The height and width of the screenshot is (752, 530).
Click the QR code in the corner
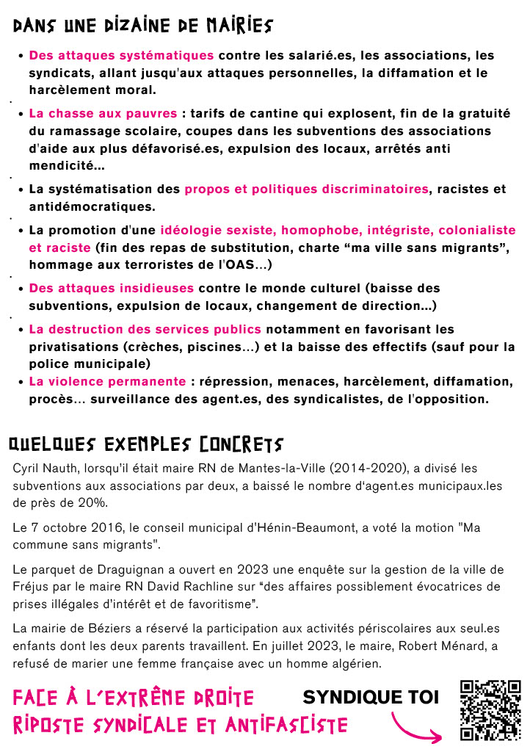tap(490, 709)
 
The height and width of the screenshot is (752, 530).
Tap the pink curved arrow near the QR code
tap(418, 726)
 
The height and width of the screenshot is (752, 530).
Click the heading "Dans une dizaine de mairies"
tap(143, 26)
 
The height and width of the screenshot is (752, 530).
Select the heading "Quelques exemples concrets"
tap(145, 444)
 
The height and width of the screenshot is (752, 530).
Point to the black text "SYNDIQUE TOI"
tap(371, 697)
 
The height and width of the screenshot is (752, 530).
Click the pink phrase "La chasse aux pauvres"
tap(103, 114)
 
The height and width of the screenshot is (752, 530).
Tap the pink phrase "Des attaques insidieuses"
tap(112, 288)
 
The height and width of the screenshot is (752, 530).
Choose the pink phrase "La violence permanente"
tap(107, 382)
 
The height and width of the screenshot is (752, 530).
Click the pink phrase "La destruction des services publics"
tap(145, 329)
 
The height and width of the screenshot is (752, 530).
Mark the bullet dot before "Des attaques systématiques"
tap(21, 56)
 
